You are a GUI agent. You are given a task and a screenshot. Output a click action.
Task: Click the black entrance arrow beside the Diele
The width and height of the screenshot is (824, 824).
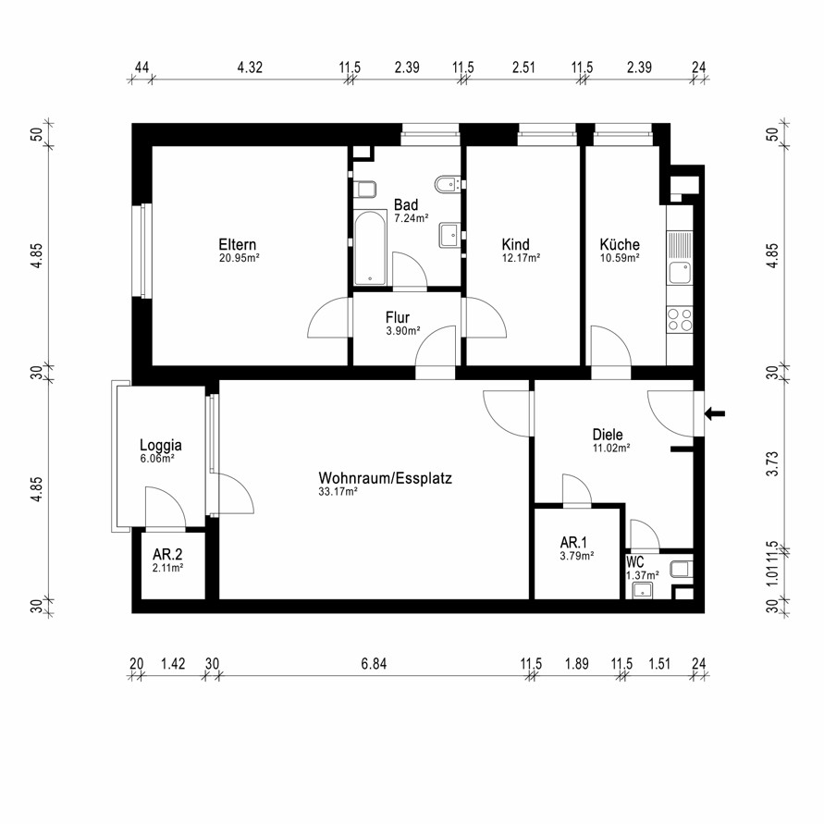pyautogui.click(x=715, y=413)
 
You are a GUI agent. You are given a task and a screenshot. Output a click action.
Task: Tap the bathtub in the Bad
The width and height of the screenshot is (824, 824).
pyautogui.click(x=371, y=249)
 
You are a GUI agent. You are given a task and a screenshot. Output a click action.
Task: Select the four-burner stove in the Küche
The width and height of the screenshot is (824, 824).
pyautogui.click(x=680, y=319)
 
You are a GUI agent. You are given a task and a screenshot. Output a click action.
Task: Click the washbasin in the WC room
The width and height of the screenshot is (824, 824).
pyautogui.click(x=643, y=590)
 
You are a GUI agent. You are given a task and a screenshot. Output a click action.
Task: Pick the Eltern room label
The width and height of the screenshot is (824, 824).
pyautogui.click(x=238, y=244)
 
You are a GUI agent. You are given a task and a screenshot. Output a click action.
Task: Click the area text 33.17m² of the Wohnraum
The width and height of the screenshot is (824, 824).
pyautogui.click(x=338, y=492)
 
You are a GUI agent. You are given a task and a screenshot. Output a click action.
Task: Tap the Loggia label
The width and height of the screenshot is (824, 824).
pyautogui.click(x=161, y=445)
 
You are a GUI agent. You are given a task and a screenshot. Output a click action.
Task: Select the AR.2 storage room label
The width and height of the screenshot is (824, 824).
pyautogui.click(x=167, y=554)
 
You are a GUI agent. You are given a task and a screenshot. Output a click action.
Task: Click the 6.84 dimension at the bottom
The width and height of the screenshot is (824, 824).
pyautogui.click(x=374, y=664)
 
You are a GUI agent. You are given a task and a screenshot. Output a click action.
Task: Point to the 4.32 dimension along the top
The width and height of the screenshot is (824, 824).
pyautogui.click(x=250, y=68)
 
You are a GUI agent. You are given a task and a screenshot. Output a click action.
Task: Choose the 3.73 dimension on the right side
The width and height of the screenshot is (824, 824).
pyautogui.click(x=772, y=463)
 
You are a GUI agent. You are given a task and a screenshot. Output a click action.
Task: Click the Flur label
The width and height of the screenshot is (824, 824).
pyautogui.click(x=398, y=317)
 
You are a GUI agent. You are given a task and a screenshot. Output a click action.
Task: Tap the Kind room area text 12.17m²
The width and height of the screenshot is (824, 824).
pyautogui.click(x=522, y=258)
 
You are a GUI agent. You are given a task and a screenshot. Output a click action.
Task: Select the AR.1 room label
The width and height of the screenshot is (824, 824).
pyautogui.click(x=573, y=542)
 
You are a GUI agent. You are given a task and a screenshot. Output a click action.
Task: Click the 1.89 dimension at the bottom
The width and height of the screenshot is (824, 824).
pyautogui.click(x=576, y=664)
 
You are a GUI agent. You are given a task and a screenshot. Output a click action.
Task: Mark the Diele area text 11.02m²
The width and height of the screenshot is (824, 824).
pyautogui.click(x=611, y=449)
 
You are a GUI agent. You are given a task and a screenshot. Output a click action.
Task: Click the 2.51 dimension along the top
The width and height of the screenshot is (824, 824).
pyautogui.click(x=523, y=68)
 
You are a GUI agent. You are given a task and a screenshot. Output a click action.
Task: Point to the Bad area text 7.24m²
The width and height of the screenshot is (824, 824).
pyautogui.click(x=412, y=218)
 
